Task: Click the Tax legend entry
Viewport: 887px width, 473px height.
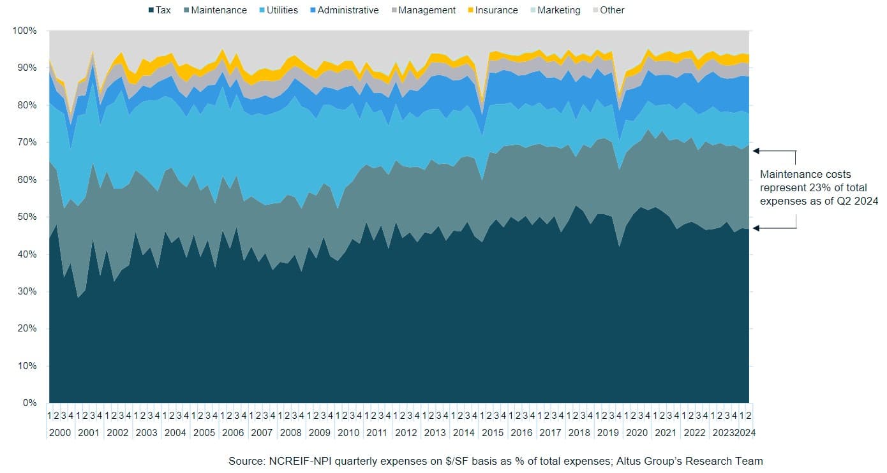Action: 160,10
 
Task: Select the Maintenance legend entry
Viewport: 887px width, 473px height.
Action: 214,10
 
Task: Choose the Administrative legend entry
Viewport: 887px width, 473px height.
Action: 343,10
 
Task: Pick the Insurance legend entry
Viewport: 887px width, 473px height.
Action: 491,10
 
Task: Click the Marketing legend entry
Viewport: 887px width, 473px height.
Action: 554,10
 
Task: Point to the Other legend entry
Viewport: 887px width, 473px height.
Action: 607,10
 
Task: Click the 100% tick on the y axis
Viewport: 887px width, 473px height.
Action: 25,31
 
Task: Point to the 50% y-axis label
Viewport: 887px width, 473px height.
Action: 27,217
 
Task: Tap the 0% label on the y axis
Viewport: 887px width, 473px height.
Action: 29,403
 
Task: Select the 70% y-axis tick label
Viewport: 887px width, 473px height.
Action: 27,142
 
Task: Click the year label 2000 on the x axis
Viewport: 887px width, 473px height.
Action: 59,432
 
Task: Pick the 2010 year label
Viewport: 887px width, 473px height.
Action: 348,432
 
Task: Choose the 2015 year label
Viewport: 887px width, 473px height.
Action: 492,432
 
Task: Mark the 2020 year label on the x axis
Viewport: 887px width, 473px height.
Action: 636,432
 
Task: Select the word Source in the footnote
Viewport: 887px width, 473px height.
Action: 245,461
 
